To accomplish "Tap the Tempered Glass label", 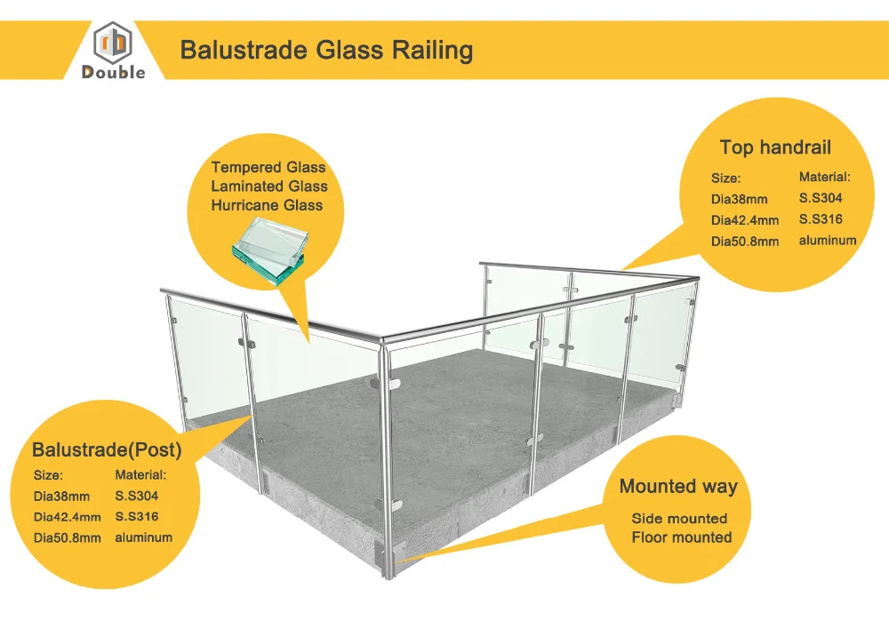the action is (268, 167).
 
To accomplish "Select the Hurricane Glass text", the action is (267, 205).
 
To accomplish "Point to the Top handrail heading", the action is (775, 147).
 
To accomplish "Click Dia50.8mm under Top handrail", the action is (744, 242).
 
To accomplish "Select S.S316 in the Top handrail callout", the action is (821, 219).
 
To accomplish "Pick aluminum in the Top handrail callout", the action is (828, 241).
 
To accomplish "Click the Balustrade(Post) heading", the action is (107, 450).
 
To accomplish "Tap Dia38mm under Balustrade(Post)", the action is (61, 497).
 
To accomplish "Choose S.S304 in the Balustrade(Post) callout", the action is (137, 496).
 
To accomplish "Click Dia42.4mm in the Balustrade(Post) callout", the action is (68, 517).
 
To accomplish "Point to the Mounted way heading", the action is (678, 486).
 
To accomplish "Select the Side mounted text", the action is (679, 519).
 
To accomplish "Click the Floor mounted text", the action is (682, 537).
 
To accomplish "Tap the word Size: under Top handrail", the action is (725, 179).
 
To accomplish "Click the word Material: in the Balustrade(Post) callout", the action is (141, 475).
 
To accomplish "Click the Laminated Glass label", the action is (268, 187).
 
